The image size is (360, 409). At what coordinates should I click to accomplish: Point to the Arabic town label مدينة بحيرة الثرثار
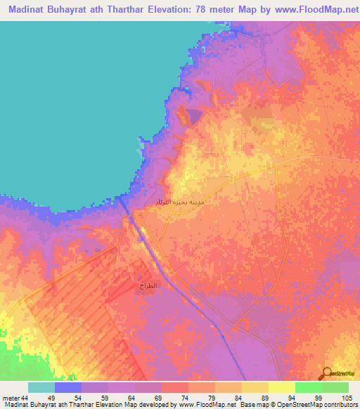point(175,202)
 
